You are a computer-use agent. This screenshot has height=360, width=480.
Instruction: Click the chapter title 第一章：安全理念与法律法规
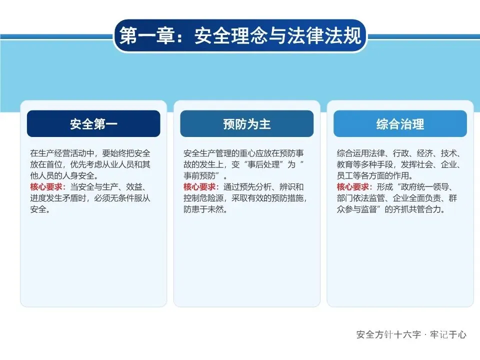240,36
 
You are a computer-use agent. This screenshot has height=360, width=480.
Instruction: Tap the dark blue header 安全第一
93,123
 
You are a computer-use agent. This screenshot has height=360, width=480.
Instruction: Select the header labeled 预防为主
246,123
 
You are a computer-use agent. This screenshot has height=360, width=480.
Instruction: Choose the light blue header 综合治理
400,123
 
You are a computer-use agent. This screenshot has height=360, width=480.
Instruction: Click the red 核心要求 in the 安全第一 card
46,186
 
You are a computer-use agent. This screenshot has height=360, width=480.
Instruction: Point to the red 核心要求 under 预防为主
199,186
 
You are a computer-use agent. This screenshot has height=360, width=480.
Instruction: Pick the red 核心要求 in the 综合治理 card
353,186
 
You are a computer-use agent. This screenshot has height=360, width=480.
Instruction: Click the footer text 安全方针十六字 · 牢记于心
411,334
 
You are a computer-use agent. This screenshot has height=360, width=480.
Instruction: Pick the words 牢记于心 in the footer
448,334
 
